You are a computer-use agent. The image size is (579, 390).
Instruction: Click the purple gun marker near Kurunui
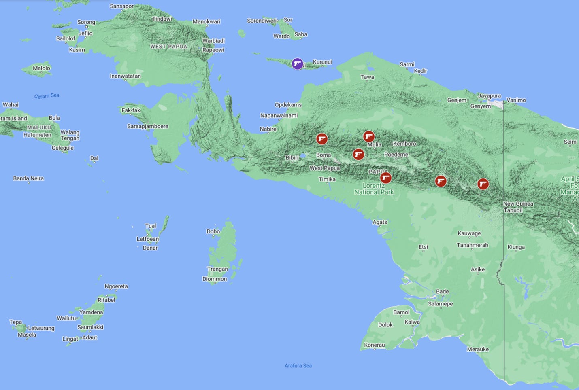[298, 64]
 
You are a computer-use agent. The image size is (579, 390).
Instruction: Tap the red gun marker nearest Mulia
[368, 136]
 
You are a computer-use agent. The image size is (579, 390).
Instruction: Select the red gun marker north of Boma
[322, 139]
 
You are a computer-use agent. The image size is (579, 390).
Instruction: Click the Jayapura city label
[490, 96]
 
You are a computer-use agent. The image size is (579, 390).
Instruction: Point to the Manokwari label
[206, 21]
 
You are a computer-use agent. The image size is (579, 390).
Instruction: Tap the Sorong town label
[86, 22]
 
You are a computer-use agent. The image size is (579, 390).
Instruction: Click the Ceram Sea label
[47, 96]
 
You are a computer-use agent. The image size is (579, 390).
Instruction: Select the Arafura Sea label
[298, 365]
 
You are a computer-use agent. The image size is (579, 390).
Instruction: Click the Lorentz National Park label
[374, 189]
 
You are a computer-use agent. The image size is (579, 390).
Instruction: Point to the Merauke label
[478, 349]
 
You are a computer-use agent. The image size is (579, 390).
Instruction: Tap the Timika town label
[327, 179]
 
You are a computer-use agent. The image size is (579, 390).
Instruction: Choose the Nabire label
[268, 129]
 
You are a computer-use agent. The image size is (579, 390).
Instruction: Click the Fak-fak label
[131, 110]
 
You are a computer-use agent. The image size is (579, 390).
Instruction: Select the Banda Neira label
[28, 178]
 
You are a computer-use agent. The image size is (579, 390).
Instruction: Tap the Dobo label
[213, 231]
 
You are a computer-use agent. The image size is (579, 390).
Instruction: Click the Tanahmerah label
[472, 245]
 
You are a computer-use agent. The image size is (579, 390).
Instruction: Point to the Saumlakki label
[90, 327]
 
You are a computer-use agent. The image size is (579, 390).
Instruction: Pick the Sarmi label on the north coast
[407, 64]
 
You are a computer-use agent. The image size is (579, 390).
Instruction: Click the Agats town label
[380, 222]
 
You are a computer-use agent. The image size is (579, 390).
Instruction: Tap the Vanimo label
[516, 100]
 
